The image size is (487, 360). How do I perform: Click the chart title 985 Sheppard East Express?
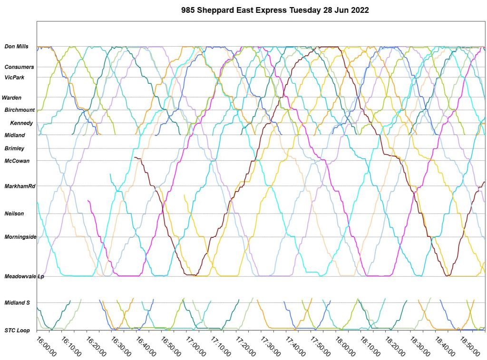click(x=275, y=10)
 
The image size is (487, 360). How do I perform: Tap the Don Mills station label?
click(x=17, y=47)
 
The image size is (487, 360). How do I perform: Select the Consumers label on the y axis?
click(x=19, y=67)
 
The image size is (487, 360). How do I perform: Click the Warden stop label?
click(x=11, y=97)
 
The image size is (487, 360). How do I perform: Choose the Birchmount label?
click(x=20, y=110)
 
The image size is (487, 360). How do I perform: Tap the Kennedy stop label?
click(x=21, y=123)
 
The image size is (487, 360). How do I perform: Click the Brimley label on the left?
click(x=14, y=148)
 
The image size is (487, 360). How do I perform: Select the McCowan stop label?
click(x=17, y=161)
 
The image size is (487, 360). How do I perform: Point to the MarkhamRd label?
click(x=20, y=186)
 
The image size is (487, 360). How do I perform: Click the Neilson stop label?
click(x=14, y=214)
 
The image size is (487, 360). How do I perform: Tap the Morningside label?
click(x=20, y=237)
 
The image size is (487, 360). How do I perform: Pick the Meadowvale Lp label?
click(x=24, y=276)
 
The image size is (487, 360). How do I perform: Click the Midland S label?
click(x=17, y=302)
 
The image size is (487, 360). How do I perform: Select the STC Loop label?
click(x=17, y=330)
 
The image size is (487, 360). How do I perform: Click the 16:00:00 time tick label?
click(x=46, y=347)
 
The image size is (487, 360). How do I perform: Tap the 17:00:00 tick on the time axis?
click(x=196, y=347)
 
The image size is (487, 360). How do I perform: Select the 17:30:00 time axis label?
click(x=272, y=347)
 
